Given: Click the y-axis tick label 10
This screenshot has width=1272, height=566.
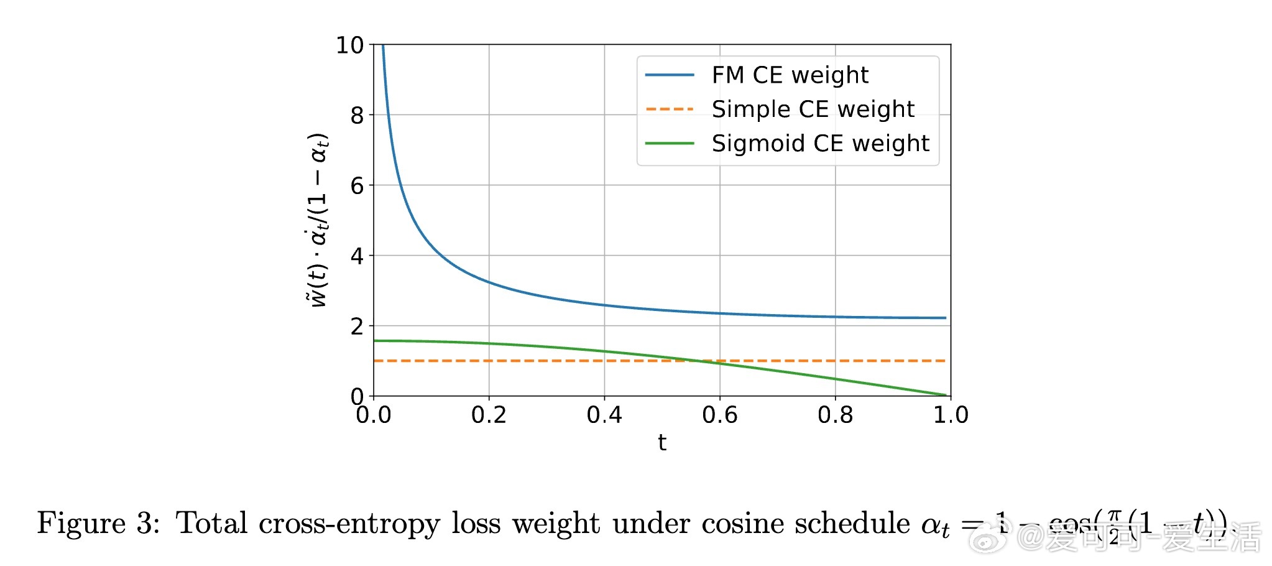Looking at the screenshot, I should coord(349,45).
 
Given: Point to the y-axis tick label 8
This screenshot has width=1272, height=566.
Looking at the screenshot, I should coord(357,116).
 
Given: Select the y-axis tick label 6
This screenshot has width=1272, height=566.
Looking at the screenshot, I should coord(357,186).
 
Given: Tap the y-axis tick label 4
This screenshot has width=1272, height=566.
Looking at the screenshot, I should coord(357,256).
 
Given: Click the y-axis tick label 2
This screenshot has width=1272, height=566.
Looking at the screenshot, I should coord(357,327).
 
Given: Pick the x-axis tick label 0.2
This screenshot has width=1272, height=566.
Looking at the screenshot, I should coord(489,415).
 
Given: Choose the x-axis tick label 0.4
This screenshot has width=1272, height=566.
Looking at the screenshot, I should coord(604,415).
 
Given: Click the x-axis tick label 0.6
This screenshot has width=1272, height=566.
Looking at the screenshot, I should coord(720,415).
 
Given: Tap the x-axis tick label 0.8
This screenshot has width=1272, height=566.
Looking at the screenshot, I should coord(835,415).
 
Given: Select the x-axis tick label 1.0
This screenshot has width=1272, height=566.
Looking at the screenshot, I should coord(951,415).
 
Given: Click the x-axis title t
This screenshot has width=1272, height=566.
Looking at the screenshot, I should coord(662,443).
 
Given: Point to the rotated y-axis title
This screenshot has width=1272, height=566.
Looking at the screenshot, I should coord(318,220).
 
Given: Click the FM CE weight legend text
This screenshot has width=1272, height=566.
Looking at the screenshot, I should coord(790,75).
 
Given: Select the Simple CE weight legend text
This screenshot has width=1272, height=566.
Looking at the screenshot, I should coord(813,109).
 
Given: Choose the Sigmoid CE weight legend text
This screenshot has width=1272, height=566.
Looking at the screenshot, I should coord(820,144).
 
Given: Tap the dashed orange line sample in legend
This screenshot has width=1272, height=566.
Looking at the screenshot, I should coord(670,109).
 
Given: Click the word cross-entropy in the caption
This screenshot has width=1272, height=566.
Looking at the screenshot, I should coord(349,523).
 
